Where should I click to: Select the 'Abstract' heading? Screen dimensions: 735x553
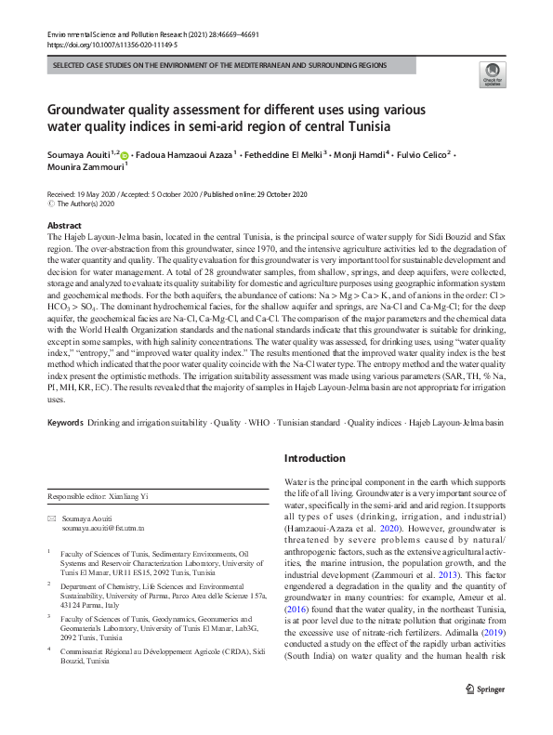[x=65, y=226]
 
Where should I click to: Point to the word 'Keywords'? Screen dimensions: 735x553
[x=65, y=422]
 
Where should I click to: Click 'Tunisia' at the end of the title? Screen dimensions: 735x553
[x=366, y=125]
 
